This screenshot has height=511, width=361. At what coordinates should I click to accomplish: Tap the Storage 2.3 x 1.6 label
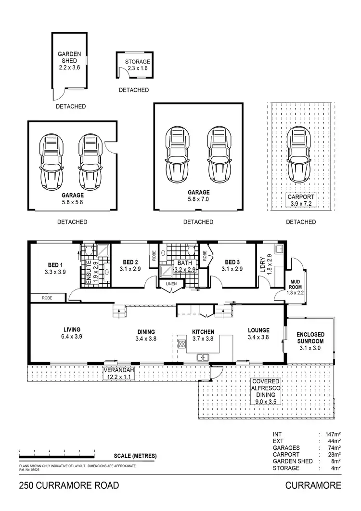[138, 65]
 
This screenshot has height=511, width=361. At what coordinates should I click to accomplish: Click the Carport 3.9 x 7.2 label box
[301, 200]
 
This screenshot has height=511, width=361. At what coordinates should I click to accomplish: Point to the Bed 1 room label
[55, 268]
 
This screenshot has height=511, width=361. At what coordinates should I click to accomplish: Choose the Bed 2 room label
[130, 265]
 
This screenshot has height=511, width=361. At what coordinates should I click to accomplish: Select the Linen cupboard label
[171, 284]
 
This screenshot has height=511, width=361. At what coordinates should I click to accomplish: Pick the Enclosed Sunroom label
[310, 338]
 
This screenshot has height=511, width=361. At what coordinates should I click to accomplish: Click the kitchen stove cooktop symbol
[182, 344]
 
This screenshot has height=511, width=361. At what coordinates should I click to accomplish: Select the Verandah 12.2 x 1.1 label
[118, 373]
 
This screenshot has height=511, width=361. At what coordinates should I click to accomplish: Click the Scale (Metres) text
[135, 456]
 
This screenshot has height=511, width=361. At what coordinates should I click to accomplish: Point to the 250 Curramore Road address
[69, 485]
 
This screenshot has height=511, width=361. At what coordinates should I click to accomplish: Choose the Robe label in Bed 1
[46, 298]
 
